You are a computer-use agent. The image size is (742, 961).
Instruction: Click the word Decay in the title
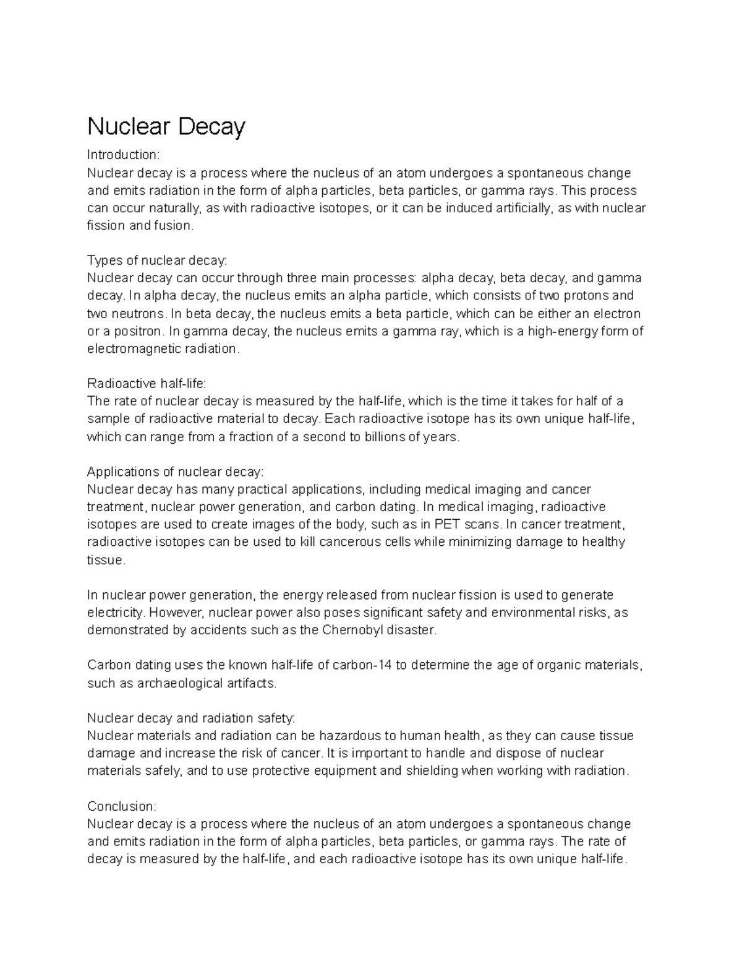click(212, 127)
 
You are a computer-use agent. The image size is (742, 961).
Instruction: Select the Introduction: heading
click(123, 155)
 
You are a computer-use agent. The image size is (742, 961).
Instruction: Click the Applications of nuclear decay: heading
click(175, 472)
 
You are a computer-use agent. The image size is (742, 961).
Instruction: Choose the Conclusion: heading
click(122, 806)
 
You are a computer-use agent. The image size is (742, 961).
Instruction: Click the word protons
click(580, 296)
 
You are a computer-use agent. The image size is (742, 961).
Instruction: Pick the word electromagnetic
click(131, 349)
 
